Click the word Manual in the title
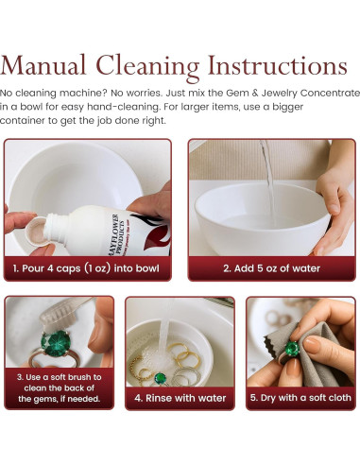point(43,65)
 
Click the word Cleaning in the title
point(147,68)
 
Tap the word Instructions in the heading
point(278,65)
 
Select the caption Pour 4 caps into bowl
point(86,268)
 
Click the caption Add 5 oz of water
point(271,268)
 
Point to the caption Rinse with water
point(180,398)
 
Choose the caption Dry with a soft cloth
point(300,398)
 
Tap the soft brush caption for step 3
point(59,387)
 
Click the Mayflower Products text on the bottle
point(117,233)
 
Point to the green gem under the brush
point(56,343)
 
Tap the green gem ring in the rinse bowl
point(161,379)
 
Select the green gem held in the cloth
point(292,349)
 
